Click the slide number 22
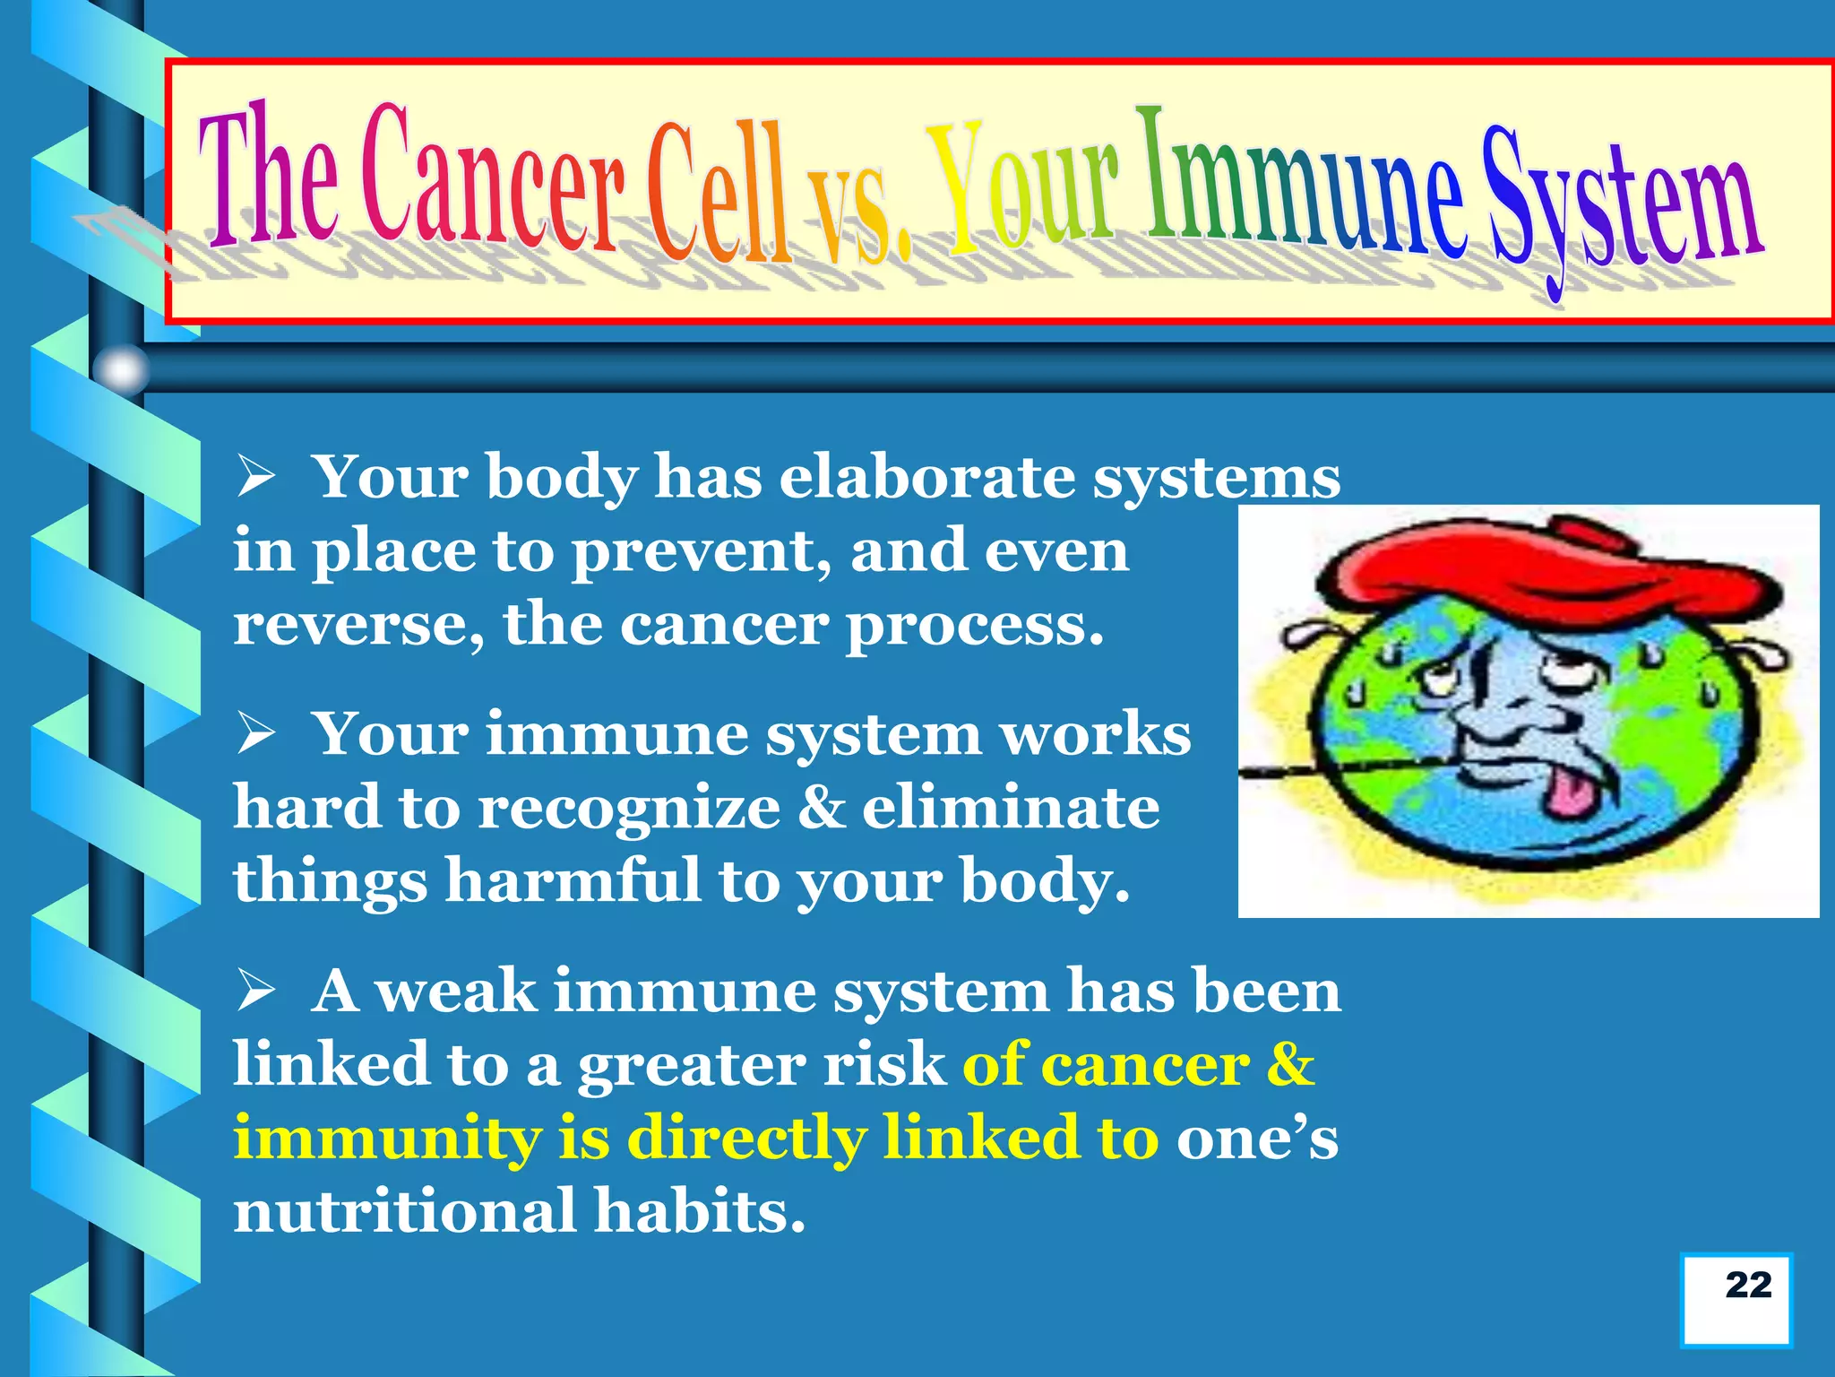1747,1285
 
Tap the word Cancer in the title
493,184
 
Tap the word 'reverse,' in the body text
358,625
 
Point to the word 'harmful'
573,880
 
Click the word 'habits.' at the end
700,1212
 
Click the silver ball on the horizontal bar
121,368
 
